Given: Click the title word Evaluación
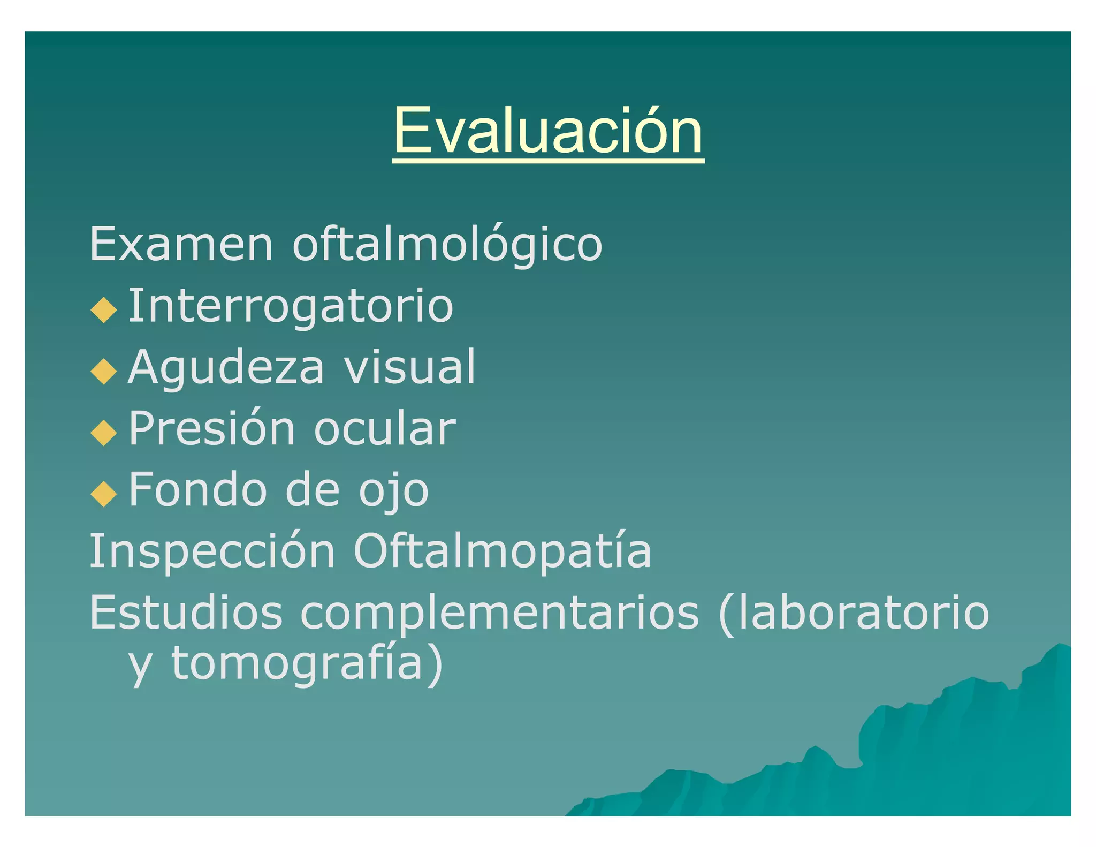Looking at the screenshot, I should tap(548, 131).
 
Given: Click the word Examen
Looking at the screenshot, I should tap(181, 245).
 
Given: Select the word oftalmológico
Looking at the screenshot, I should tap(447, 245).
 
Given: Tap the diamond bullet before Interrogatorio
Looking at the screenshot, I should tap(104, 310).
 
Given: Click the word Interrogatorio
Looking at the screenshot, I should tap(291, 306).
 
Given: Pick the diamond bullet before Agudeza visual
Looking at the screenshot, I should tap(104, 372).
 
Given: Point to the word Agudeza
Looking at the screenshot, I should tap(226, 368).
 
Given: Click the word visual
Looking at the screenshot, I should tap(409, 368).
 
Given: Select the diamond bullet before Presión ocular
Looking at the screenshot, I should tap(104, 433).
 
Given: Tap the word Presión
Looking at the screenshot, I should tap(212, 429).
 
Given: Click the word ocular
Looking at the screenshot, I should tap(385, 429).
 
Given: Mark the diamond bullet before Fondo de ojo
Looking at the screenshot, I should tap(104, 494).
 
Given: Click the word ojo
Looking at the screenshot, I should tap(394, 491).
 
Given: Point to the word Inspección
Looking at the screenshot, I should tap(212, 551).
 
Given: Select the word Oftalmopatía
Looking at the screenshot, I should tap(503, 551).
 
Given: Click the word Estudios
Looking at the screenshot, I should tap(186, 612).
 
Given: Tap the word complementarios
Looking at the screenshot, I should tap(500, 614).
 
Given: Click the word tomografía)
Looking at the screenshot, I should tap(307, 664).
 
